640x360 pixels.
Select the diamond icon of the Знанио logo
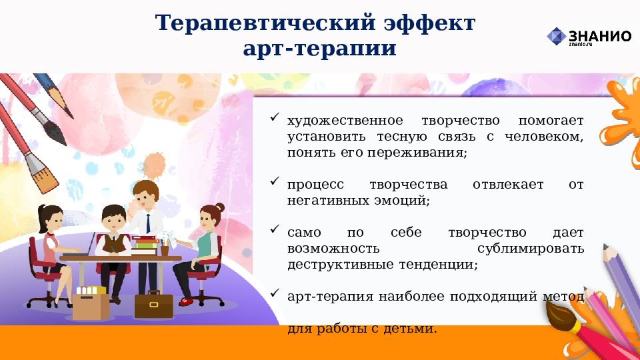(556, 36)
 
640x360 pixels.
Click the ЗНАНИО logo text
(599, 35)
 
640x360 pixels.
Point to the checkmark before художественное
(274, 118)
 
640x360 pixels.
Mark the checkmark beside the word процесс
(274, 181)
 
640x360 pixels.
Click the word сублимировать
(531, 249)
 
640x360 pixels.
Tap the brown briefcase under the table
(153, 305)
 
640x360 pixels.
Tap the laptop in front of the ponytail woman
(86, 245)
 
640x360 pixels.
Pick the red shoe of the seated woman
(187, 302)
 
